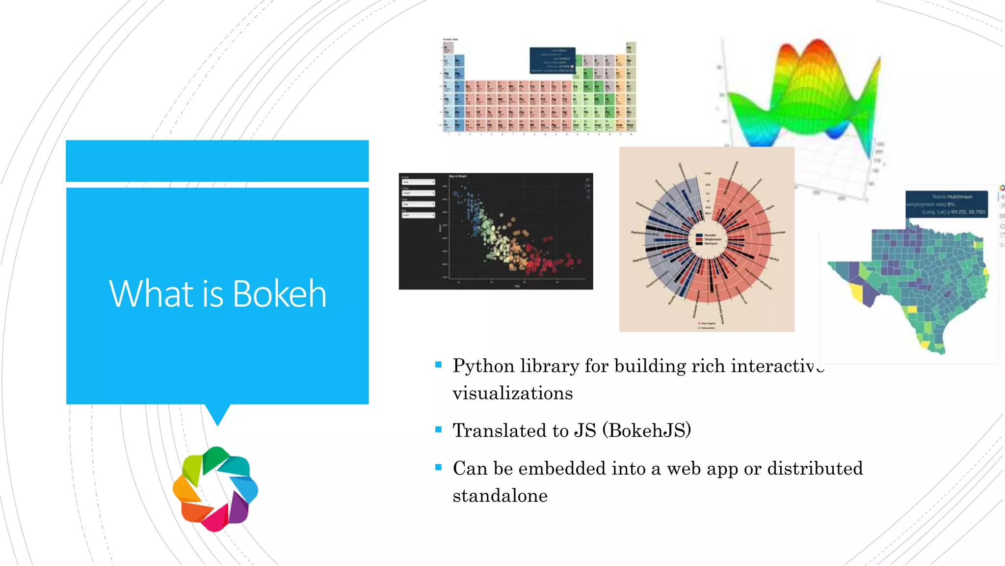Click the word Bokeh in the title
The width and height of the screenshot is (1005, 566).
click(x=279, y=294)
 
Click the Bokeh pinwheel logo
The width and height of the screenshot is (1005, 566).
click(x=215, y=489)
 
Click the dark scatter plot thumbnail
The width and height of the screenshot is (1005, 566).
click(x=496, y=231)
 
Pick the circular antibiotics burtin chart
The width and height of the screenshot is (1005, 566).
click(x=706, y=239)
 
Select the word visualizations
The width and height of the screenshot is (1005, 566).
click(x=512, y=394)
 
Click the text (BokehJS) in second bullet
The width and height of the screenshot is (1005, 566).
click(x=646, y=430)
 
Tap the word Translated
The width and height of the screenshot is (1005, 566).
click(x=500, y=430)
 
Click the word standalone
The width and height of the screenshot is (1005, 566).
click(x=500, y=496)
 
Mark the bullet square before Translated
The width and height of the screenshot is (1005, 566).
click(x=438, y=429)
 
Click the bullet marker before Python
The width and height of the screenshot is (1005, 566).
click(x=438, y=365)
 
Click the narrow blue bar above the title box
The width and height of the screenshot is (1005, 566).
click(x=217, y=161)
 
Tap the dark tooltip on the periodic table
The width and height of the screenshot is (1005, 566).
click(x=552, y=60)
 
